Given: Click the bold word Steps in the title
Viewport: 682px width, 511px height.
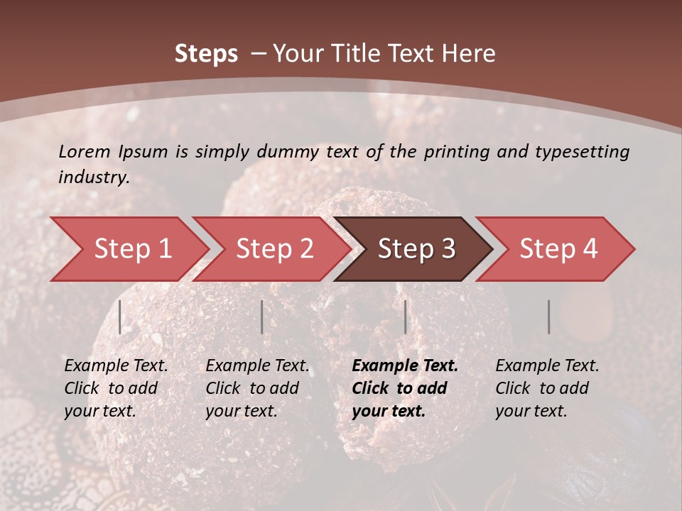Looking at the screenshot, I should (x=206, y=53).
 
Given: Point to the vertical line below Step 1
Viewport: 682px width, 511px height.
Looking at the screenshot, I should (x=120, y=317).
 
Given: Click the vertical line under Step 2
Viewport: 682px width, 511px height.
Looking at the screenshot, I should (x=262, y=317).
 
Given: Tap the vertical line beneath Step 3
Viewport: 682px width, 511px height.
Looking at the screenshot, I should (x=405, y=317).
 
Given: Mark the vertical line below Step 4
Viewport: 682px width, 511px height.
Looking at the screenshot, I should (x=548, y=317).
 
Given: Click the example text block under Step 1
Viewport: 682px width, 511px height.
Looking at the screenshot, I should (x=116, y=388).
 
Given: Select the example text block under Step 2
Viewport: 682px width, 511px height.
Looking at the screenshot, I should (x=257, y=388).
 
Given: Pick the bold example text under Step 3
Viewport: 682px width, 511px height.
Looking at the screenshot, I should (x=405, y=388).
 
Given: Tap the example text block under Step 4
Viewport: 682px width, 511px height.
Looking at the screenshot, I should (x=547, y=388).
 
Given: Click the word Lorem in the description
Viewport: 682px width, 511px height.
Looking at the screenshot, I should (x=84, y=151).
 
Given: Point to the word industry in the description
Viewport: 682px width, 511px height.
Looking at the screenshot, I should (x=93, y=177).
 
